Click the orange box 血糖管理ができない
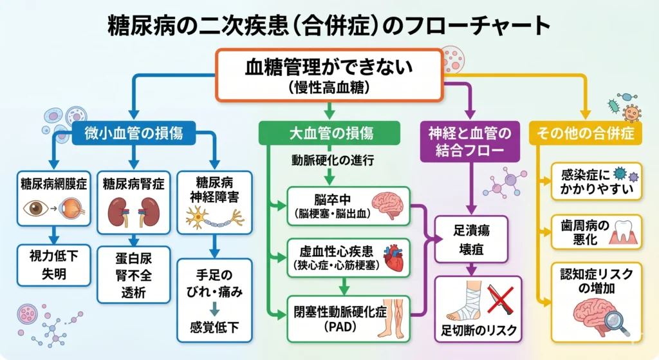(x=328, y=75)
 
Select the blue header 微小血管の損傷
(x=134, y=133)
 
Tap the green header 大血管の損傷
(x=330, y=133)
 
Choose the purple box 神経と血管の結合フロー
(x=469, y=142)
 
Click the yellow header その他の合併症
(x=586, y=133)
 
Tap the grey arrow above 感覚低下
(x=212, y=309)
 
